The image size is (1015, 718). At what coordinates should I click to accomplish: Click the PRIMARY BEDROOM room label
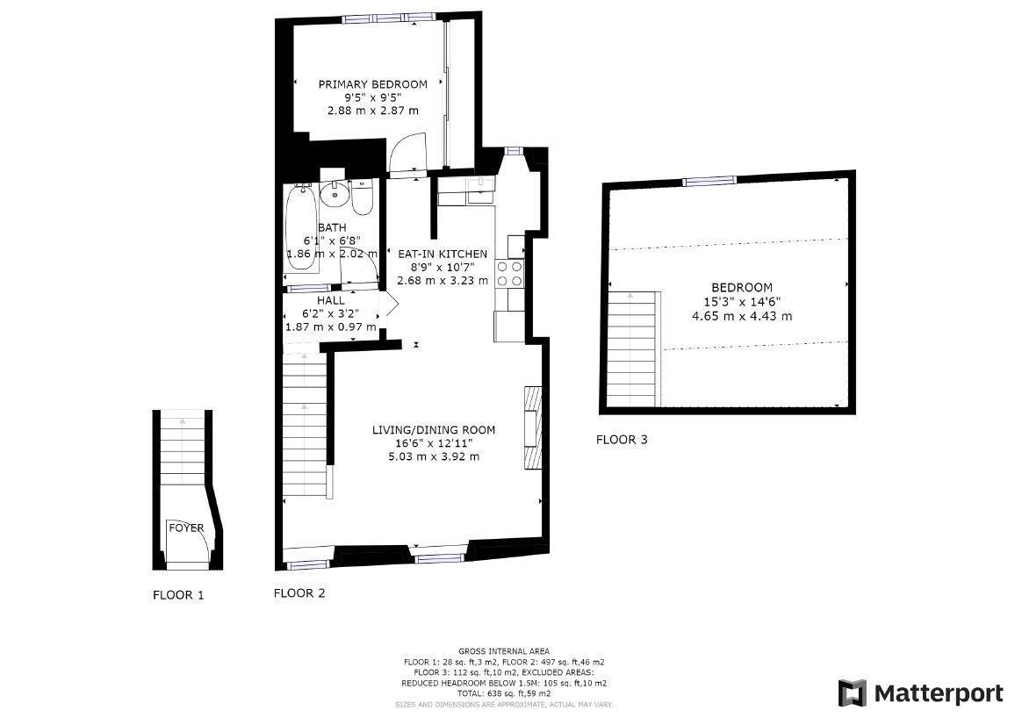[x=372, y=84]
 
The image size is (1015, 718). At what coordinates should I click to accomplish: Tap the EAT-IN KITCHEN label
[x=443, y=254]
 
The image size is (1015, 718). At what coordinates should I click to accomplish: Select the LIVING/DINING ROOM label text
[x=434, y=430]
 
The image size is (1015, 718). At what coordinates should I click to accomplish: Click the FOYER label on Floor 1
[x=186, y=528]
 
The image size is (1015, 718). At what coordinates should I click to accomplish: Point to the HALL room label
[x=330, y=300]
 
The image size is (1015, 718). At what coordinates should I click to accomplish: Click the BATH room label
[x=332, y=227]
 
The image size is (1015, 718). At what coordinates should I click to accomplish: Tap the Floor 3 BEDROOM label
[x=742, y=287]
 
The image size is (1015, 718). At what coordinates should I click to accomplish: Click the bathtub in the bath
[x=301, y=233]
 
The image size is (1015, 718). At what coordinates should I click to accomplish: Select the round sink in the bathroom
[x=334, y=192]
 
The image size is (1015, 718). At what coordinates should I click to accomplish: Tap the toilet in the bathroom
[x=362, y=197]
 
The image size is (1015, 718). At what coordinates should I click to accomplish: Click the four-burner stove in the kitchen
[x=510, y=273]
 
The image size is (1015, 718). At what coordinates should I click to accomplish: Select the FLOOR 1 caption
[x=178, y=595]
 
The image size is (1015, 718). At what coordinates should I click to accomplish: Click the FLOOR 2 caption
[x=299, y=593]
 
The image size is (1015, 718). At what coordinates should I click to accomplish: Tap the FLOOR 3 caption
[x=622, y=440]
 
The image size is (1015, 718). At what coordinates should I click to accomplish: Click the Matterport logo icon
[x=852, y=693]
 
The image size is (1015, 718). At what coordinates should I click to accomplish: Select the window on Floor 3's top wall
[x=709, y=181]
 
